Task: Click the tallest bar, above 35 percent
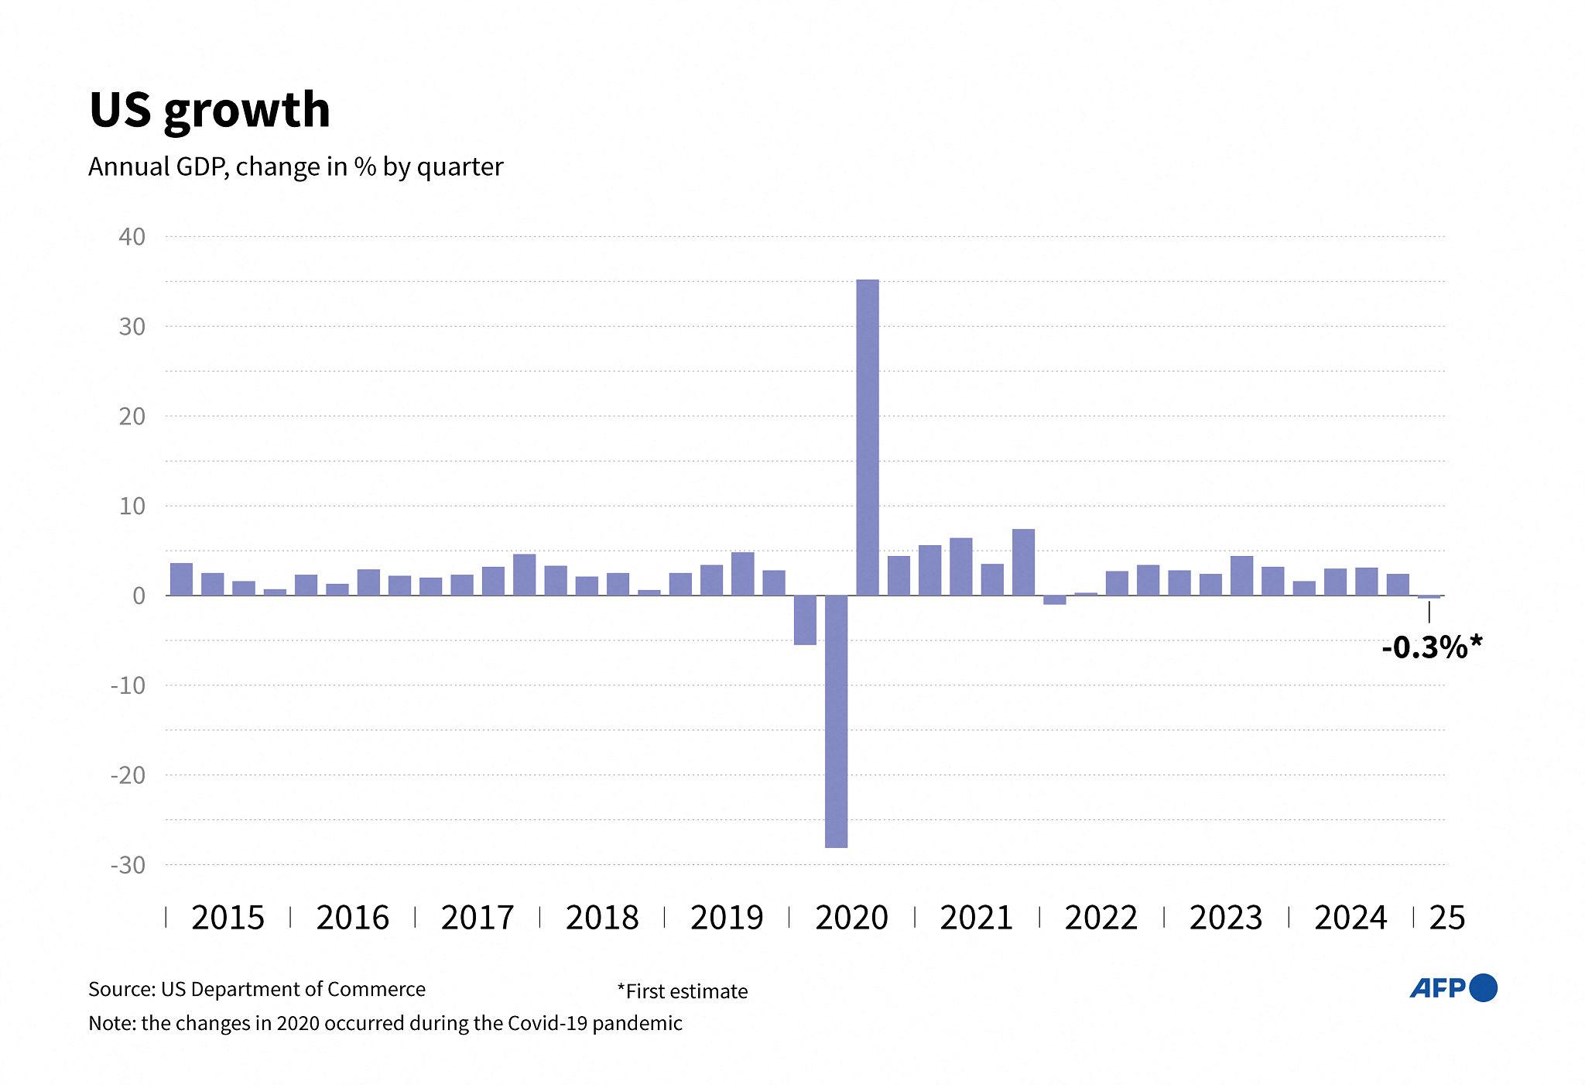point(868,438)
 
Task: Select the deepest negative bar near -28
point(837,722)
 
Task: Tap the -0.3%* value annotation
point(1432,647)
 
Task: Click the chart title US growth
point(210,111)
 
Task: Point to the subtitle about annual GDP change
point(296,167)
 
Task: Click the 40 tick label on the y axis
point(132,236)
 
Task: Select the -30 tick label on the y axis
point(128,865)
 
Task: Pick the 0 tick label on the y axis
point(139,596)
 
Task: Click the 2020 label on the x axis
point(851,918)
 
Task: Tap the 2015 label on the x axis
point(228,918)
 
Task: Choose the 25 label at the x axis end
point(1447,918)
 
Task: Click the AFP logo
point(1453,988)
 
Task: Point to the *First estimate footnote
point(683,991)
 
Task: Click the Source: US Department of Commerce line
point(257,989)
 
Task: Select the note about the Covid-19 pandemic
point(385,1023)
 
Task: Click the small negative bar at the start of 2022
point(1055,600)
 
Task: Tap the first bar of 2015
point(181,579)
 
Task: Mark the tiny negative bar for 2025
point(1429,597)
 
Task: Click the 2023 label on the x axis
point(1226,918)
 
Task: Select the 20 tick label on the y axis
point(132,416)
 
